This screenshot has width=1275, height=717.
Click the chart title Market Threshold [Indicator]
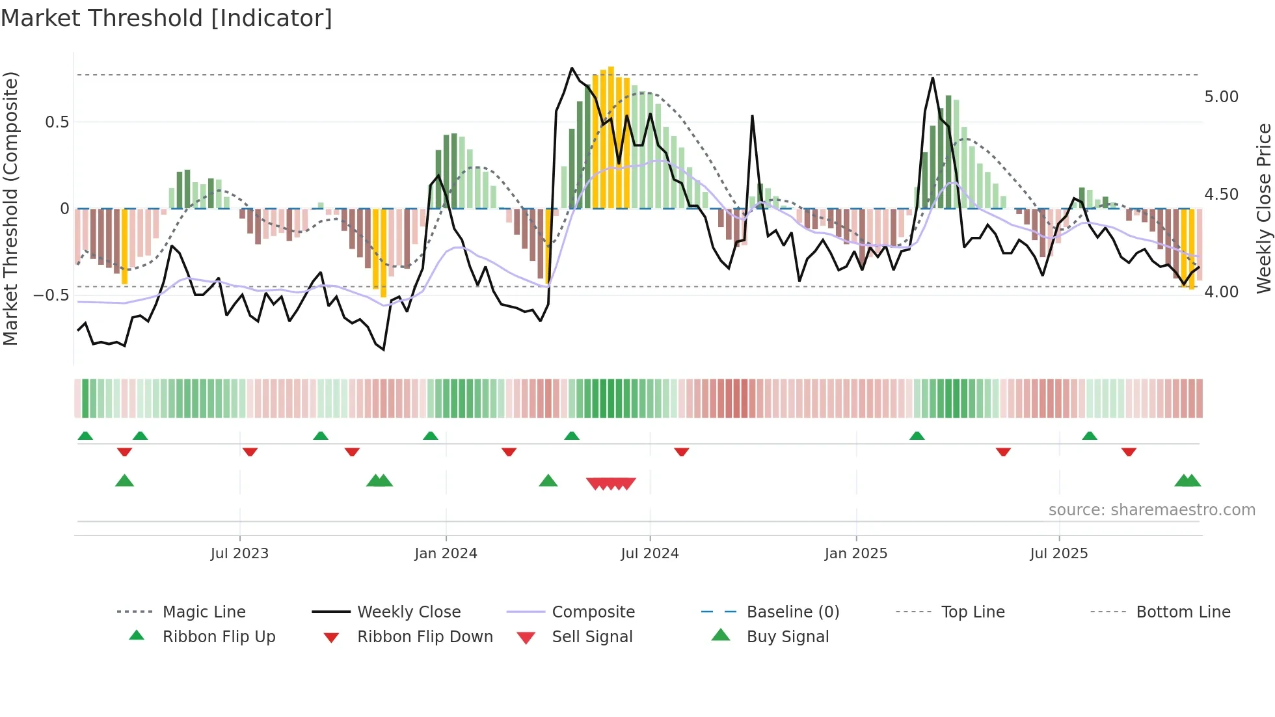(167, 18)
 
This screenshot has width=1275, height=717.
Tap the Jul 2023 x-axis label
(239, 554)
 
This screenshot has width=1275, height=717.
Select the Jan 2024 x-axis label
(446, 554)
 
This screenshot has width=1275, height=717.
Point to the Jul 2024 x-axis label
(649, 554)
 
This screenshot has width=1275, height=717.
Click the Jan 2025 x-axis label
(855, 554)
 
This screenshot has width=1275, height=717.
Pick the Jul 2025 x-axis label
(1058, 554)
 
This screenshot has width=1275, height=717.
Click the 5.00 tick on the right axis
(1221, 97)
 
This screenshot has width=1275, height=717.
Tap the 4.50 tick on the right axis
(1221, 195)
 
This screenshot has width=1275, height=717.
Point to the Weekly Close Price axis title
(1263, 208)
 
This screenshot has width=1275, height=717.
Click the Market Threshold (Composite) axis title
(10, 208)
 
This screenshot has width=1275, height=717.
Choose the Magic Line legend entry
(204, 612)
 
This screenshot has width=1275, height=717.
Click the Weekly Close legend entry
(409, 612)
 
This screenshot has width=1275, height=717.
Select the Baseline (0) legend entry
(792, 612)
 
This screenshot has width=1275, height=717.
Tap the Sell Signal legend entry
(591, 637)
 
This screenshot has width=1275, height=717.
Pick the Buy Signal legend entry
(787, 637)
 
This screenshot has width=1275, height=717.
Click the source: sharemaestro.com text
(1151, 510)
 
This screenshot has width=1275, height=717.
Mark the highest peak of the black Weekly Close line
(572, 68)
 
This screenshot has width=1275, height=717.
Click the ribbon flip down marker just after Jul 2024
(681, 452)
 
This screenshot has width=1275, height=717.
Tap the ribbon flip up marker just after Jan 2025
(917, 435)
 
